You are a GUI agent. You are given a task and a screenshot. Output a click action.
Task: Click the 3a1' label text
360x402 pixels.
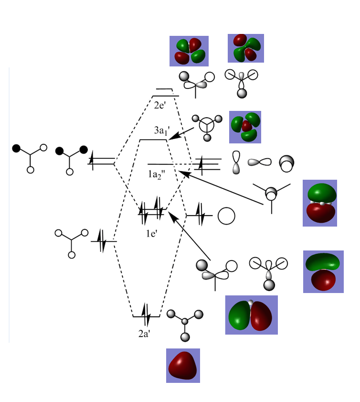pyautogui.click(x=160, y=131)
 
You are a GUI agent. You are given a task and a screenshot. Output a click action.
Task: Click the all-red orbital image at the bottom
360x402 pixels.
pyautogui.click(x=183, y=366)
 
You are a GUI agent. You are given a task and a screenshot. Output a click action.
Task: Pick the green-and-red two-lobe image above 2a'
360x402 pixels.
pyautogui.click(x=251, y=315)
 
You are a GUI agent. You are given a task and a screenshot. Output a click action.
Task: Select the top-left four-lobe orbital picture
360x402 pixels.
pyautogui.click(x=189, y=51)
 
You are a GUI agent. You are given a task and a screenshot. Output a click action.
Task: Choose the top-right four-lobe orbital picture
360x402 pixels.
pyautogui.click(x=246, y=48)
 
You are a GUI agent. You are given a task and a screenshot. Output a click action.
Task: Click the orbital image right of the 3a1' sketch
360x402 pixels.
pyautogui.click(x=245, y=127)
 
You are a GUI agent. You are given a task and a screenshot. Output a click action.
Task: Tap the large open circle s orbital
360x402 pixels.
pyautogui.click(x=226, y=216)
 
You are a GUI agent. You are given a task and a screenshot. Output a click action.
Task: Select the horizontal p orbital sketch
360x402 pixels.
pyautogui.click(x=259, y=162)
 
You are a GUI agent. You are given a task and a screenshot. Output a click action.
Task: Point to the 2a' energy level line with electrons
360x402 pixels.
pyautogui.click(x=146, y=316)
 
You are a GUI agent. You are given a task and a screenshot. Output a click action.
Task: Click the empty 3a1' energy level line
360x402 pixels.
pyautogui.click(x=153, y=140)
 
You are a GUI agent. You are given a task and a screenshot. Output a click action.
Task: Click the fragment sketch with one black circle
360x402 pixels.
pyautogui.click(x=30, y=157)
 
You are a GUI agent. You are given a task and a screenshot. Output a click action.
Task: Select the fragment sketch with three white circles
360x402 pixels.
pyautogui.click(x=72, y=242)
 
